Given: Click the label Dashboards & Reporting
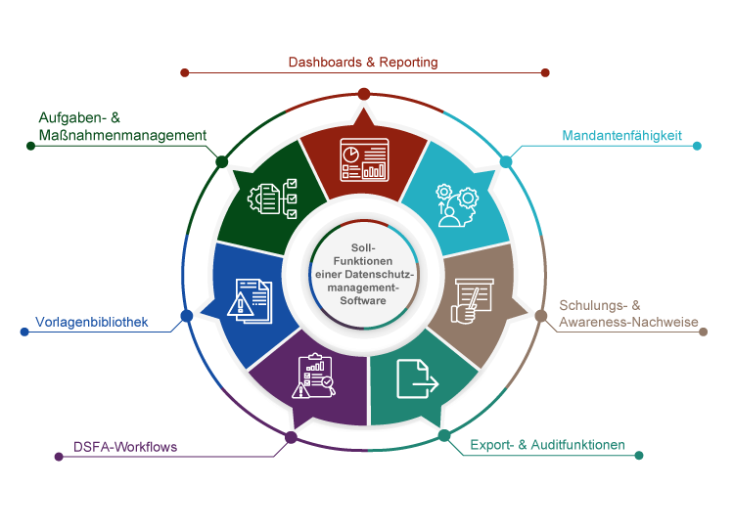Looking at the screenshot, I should [362, 62].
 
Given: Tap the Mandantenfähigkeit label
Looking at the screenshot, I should [621, 135].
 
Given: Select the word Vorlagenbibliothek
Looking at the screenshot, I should [91, 321].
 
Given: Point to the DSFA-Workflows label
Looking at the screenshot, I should [125, 448].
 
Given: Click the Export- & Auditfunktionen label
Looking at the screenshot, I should [547, 445].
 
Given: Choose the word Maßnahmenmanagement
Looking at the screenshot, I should [115, 136].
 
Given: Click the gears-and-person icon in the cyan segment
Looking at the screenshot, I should [456, 203].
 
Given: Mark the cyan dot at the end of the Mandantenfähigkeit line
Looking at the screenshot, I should [698, 146].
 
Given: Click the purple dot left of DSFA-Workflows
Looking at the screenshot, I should [59, 456].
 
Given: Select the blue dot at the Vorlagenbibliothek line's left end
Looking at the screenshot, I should [24, 332].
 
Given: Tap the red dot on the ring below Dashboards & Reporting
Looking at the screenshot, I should [363, 93].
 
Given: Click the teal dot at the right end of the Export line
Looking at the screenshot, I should [639, 455].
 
